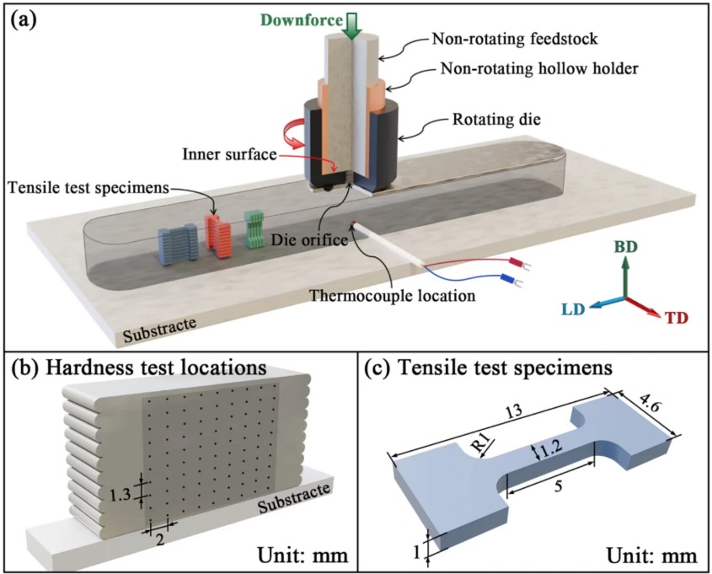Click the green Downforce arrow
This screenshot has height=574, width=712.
coord(353,24)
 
